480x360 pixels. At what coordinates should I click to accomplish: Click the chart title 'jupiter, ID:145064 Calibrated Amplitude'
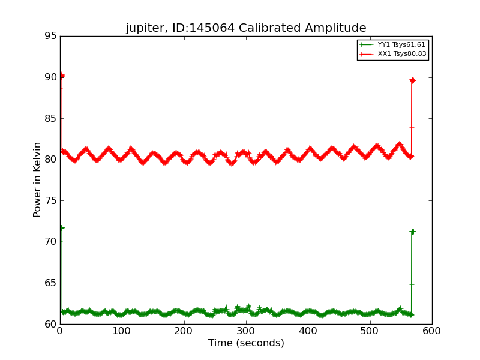click(245, 28)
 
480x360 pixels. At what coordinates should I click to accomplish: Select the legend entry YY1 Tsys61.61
click(402, 45)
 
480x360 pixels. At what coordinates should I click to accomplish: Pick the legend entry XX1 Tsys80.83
click(402, 54)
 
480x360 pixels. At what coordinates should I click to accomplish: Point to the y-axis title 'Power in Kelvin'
click(37, 179)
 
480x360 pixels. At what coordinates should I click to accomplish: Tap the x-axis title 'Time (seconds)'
click(246, 343)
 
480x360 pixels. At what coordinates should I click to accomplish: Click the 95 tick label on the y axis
click(50, 36)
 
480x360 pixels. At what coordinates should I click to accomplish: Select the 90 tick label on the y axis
click(50, 77)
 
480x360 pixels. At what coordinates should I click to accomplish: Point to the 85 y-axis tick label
click(50, 118)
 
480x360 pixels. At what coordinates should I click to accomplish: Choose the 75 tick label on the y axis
click(50, 200)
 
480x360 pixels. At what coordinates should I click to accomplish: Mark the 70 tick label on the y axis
click(50, 242)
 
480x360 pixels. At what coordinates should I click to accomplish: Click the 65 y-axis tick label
click(50, 283)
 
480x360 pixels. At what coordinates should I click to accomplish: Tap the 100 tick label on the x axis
click(122, 331)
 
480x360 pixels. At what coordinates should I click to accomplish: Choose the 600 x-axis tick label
click(431, 331)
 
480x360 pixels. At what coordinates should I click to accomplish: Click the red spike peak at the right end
click(412, 80)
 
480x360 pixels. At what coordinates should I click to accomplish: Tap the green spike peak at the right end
click(412, 232)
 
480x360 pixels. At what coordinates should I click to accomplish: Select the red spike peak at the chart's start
click(61, 76)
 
